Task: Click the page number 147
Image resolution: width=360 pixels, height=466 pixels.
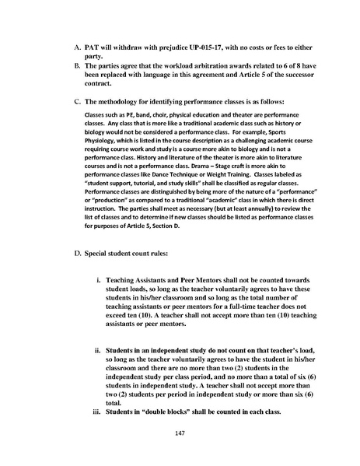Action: [180, 432]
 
